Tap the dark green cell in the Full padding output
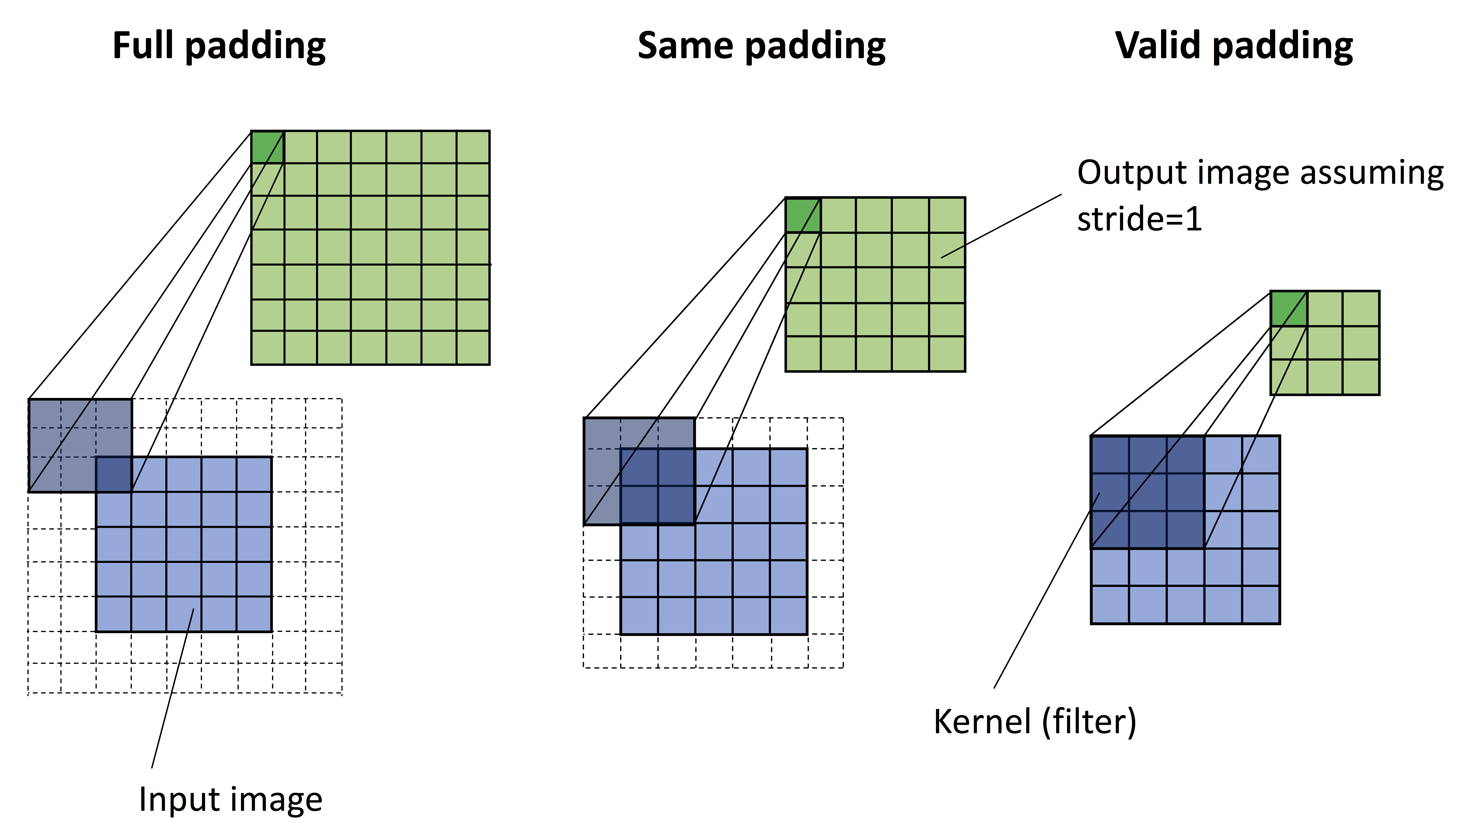(x=267, y=147)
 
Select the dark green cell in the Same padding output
(x=803, y=215)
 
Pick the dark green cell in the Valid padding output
(x=1288, y=308)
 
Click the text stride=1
(x=1139, y=219)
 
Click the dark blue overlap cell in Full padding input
(x=114, y=474)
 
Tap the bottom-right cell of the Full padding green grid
(x=473, y=347)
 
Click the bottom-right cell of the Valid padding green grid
(x=1361, y=377)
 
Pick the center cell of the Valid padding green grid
(x=1325, y=343)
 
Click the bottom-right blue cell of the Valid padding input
(x=1261, y=604)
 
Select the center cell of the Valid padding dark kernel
(x=1148, y=492)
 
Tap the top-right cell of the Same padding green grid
(x=947, y=215)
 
